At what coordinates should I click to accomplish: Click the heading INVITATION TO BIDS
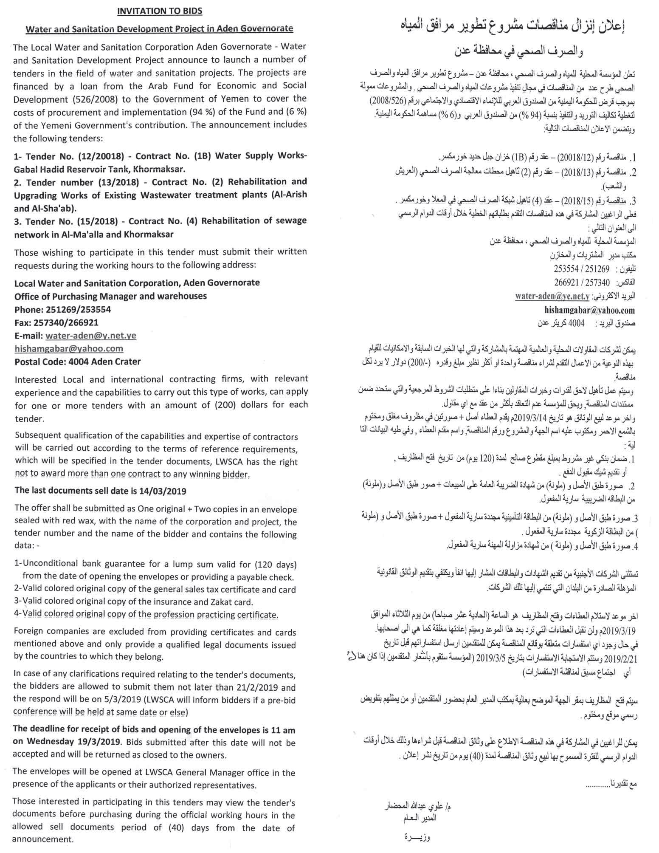point(160,11)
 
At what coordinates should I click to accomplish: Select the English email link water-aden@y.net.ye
point(91,336)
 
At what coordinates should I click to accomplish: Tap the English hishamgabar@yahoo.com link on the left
point(69,349)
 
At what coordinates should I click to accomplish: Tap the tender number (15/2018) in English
point(99,221)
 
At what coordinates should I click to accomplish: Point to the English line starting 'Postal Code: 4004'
point(77,362)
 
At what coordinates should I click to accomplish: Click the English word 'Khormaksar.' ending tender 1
point(160,169)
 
